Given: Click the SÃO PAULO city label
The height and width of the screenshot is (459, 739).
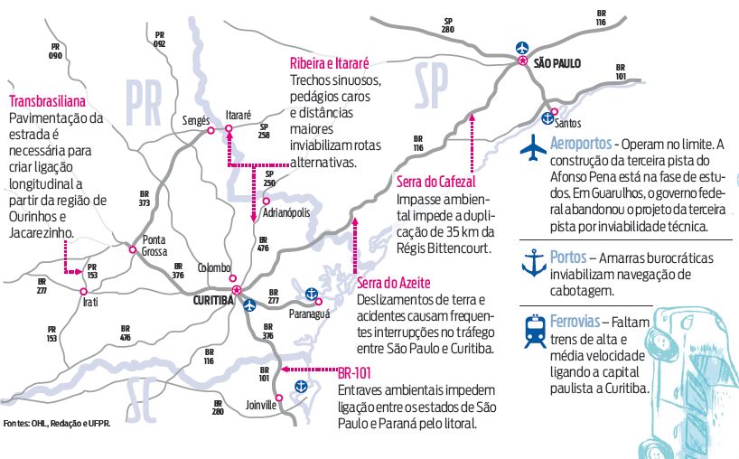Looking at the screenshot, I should click(557, 63).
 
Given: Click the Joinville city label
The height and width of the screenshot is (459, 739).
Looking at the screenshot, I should click(260, 406).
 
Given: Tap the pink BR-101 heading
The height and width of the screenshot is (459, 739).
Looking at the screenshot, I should click(356, 371).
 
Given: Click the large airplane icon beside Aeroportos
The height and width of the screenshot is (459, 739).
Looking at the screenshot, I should click(535, 145).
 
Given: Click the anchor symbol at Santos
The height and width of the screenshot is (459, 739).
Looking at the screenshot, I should click(547, 117).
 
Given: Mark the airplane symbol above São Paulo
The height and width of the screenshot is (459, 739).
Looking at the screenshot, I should click(521, 46).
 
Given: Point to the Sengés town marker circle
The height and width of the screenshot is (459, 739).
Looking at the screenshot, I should click(210, 131).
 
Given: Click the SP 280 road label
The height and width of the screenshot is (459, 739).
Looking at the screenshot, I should click(448, 24).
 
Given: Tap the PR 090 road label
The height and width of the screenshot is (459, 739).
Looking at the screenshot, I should click(56, 51).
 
